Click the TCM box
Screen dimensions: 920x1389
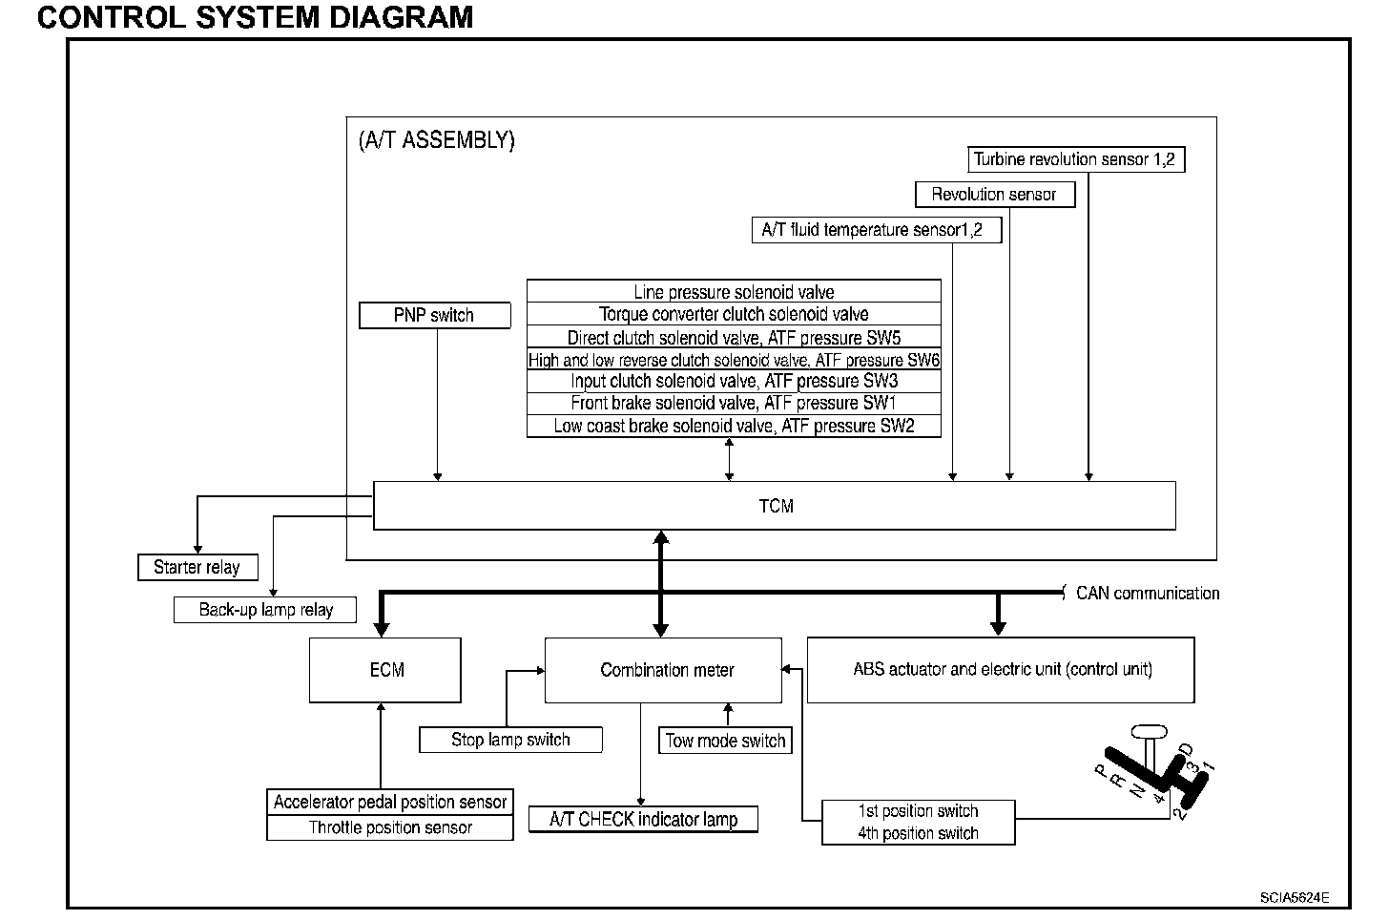pyautogui.click(x=775, y=506)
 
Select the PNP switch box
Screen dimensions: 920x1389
pyautogui.click(x=434, y=315)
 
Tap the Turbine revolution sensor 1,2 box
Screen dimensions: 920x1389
pyautogui.click(x=1077, y=159)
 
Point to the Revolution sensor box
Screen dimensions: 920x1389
pyautogui.click(x=994, y=195)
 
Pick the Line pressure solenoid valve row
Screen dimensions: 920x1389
pyautogui.click(x=734, y=292)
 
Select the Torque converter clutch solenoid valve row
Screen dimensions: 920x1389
pyautogui.click(x=734, y=314)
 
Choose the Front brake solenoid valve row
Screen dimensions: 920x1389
pyautogui.click(x=734, y=403)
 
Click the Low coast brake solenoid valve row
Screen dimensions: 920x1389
pyautogui.click(x=734, y=426)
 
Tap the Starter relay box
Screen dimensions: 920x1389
pyautogui.click(x=197, y=567)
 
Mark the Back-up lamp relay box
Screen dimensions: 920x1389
pyautogui.click(x=266, y=610)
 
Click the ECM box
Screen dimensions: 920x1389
pyautogui.click(x=385, y=670)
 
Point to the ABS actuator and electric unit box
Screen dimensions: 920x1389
pyautogui.click(x=1001, y=670)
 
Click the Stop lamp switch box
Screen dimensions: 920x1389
pyautogui.click(x=510, y=740)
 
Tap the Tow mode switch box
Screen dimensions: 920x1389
pyautogui.click(x=725, y=741)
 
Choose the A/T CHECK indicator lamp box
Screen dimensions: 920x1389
pyautogui.click(x=644, y=819)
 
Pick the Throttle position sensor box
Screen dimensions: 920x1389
pyautogui.click(x=390, y=827)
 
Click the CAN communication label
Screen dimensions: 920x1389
pyautogui.click(x=1147, y=593)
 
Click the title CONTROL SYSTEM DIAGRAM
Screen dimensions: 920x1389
pyautogui.click(x=255, y=16)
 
